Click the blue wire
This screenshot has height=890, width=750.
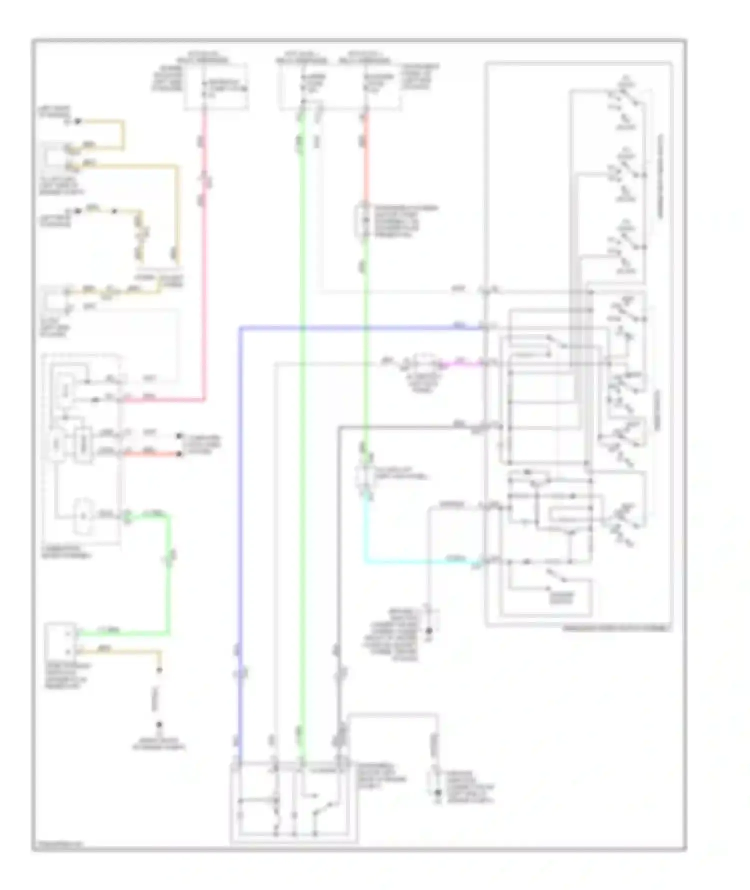click(x=240, y=500)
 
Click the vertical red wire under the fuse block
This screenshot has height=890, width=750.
click(x=365, y=160)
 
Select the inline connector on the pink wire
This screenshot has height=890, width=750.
click(x=204, y=180)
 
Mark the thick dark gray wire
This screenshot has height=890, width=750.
click(x=339, y=550)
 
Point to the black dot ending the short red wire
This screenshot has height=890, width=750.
click(x=179, y=454)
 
